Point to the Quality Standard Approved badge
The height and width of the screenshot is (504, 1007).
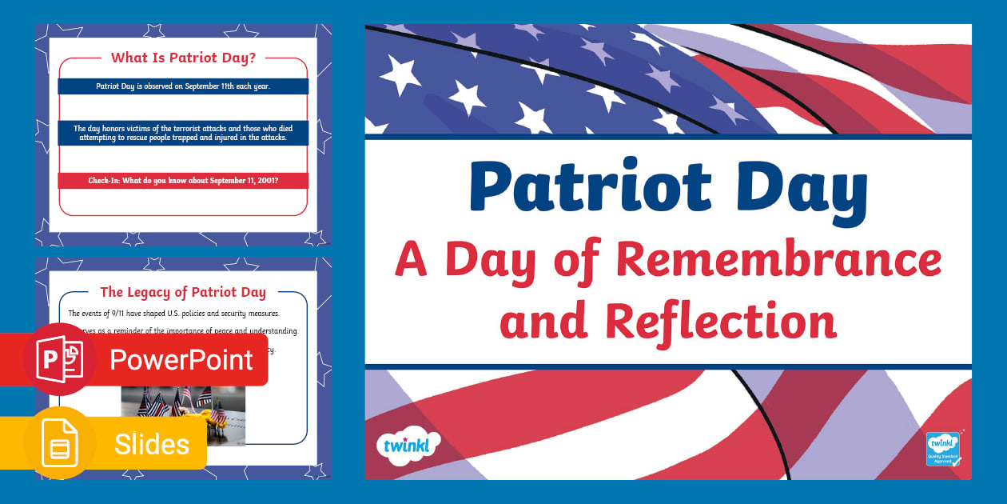943,449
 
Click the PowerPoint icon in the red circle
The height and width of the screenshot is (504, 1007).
59,359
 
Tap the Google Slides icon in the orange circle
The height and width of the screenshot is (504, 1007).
60,443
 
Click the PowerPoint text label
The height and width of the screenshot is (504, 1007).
181,360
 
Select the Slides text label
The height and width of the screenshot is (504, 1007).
152,444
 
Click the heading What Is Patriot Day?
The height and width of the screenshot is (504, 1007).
183,58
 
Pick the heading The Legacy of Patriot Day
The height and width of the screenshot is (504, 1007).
183,293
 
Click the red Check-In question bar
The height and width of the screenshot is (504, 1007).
183,181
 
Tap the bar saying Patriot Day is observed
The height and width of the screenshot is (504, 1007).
183,86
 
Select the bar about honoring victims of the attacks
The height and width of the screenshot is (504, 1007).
183,133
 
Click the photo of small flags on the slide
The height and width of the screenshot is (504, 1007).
183,415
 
